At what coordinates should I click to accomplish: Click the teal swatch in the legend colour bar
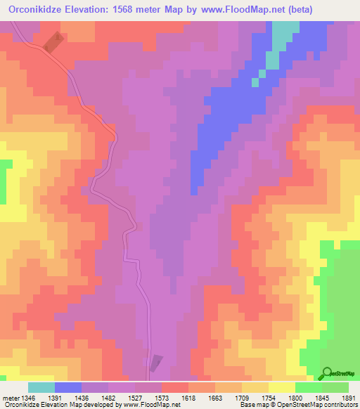[x=41, y=387]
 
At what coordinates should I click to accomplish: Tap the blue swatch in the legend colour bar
[x=68, y=387]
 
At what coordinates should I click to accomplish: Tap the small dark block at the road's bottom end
[x=155, y=363]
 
